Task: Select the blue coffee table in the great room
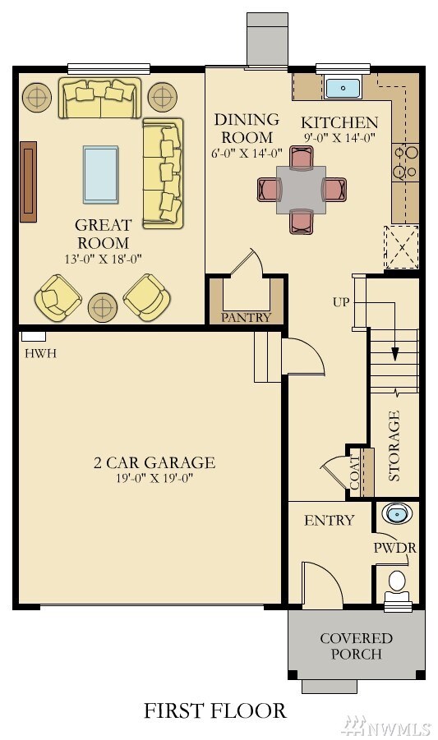click(100, 174)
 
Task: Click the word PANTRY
click(246, 317)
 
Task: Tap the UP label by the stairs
click(341, 301)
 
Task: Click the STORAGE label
click(394, 446)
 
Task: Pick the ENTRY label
click(329, 520)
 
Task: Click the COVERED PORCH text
click(356, 646)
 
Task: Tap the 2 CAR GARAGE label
click(154, 462)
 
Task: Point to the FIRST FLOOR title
click(215, 710)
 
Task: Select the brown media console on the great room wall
click(29, 182)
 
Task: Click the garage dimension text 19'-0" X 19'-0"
click(154, 478)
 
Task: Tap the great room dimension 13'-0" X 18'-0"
click(103, 259)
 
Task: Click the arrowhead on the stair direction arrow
click(394, 355)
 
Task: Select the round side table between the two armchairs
click(103, 307)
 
